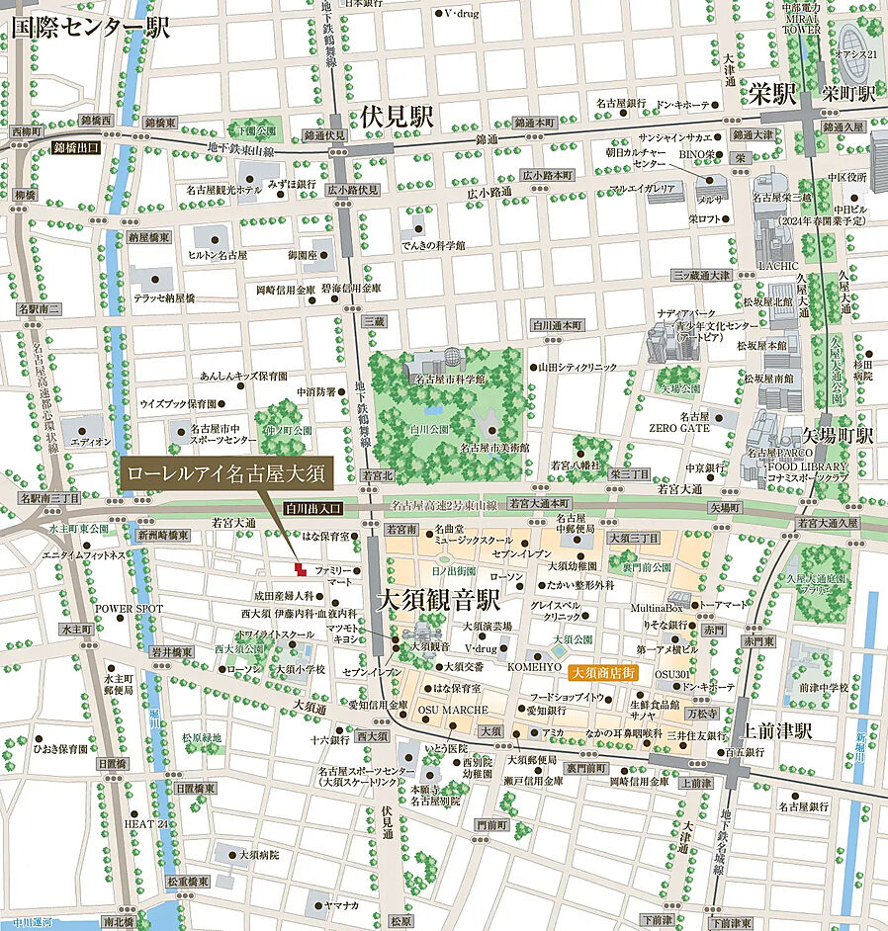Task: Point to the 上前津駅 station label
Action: (x=777, y=731)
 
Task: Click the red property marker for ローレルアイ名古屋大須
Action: (x=299, y=568)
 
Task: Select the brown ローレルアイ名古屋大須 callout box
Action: (x=226, y=472)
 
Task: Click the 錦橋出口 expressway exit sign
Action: (x=76, y=146)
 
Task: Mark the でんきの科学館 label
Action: (x=433, y=244)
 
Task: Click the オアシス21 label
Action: (x=856, y=54)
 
